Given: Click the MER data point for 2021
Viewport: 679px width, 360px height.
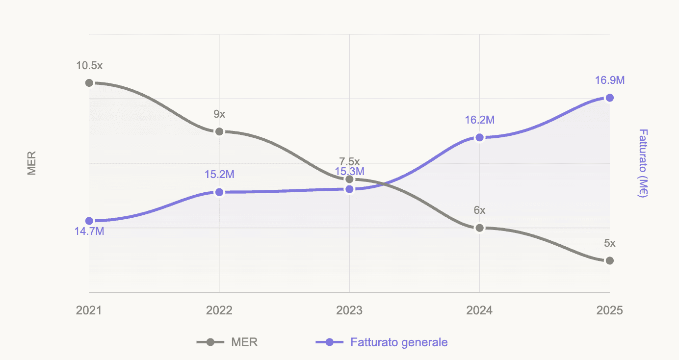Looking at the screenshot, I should coord(89,83).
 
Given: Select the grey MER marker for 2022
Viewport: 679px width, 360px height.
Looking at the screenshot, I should coord(219,131).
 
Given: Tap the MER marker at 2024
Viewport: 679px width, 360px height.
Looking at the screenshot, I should coord(479,228).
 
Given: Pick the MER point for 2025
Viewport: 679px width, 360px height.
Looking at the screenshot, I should coord(609,260).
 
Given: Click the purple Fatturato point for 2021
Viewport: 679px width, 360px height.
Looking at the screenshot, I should coord(89,221).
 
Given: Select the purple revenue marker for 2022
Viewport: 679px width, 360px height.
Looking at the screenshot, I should coord(219,192).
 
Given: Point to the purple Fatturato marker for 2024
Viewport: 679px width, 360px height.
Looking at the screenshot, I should coord(479,138).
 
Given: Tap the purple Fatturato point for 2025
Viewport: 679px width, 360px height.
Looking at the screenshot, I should coord(609,98).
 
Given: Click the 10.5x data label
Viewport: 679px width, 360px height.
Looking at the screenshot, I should coord(89,65).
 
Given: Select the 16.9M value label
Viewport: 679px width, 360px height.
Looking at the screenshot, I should coord(609,80).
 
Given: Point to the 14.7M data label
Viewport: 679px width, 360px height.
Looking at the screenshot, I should coord(89,231).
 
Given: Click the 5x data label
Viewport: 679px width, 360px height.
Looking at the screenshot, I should coord(609,243).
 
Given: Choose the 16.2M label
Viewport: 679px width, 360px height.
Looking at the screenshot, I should coord(479,120).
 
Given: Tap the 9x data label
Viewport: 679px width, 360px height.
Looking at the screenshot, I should coord(219,114).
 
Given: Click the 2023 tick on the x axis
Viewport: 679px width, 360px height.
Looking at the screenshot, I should coord(349,310).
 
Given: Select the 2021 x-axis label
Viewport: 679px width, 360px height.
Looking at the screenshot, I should coord(89,310).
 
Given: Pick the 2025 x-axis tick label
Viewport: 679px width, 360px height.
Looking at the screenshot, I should coord(609,310).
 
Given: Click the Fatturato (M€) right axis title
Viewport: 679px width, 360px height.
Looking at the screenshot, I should coord(643,163).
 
